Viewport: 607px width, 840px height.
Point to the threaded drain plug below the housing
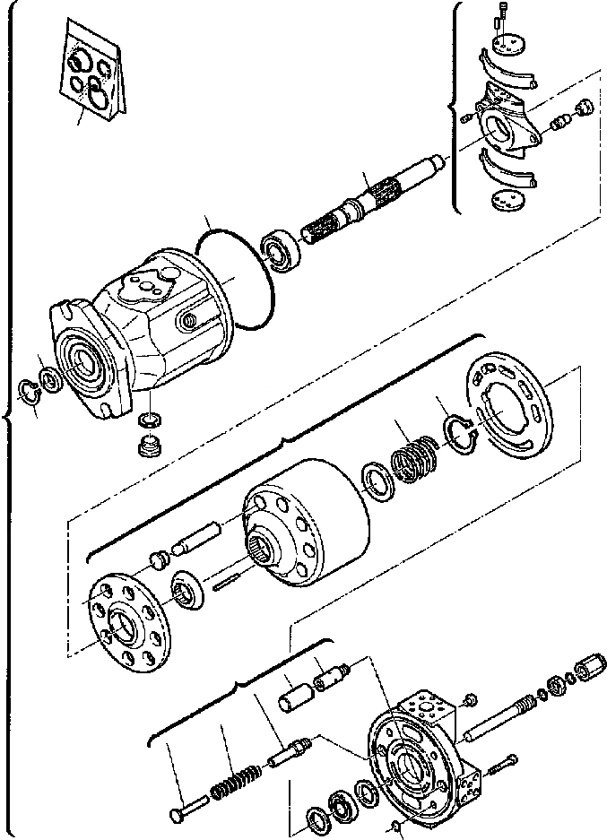click(147, 443)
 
